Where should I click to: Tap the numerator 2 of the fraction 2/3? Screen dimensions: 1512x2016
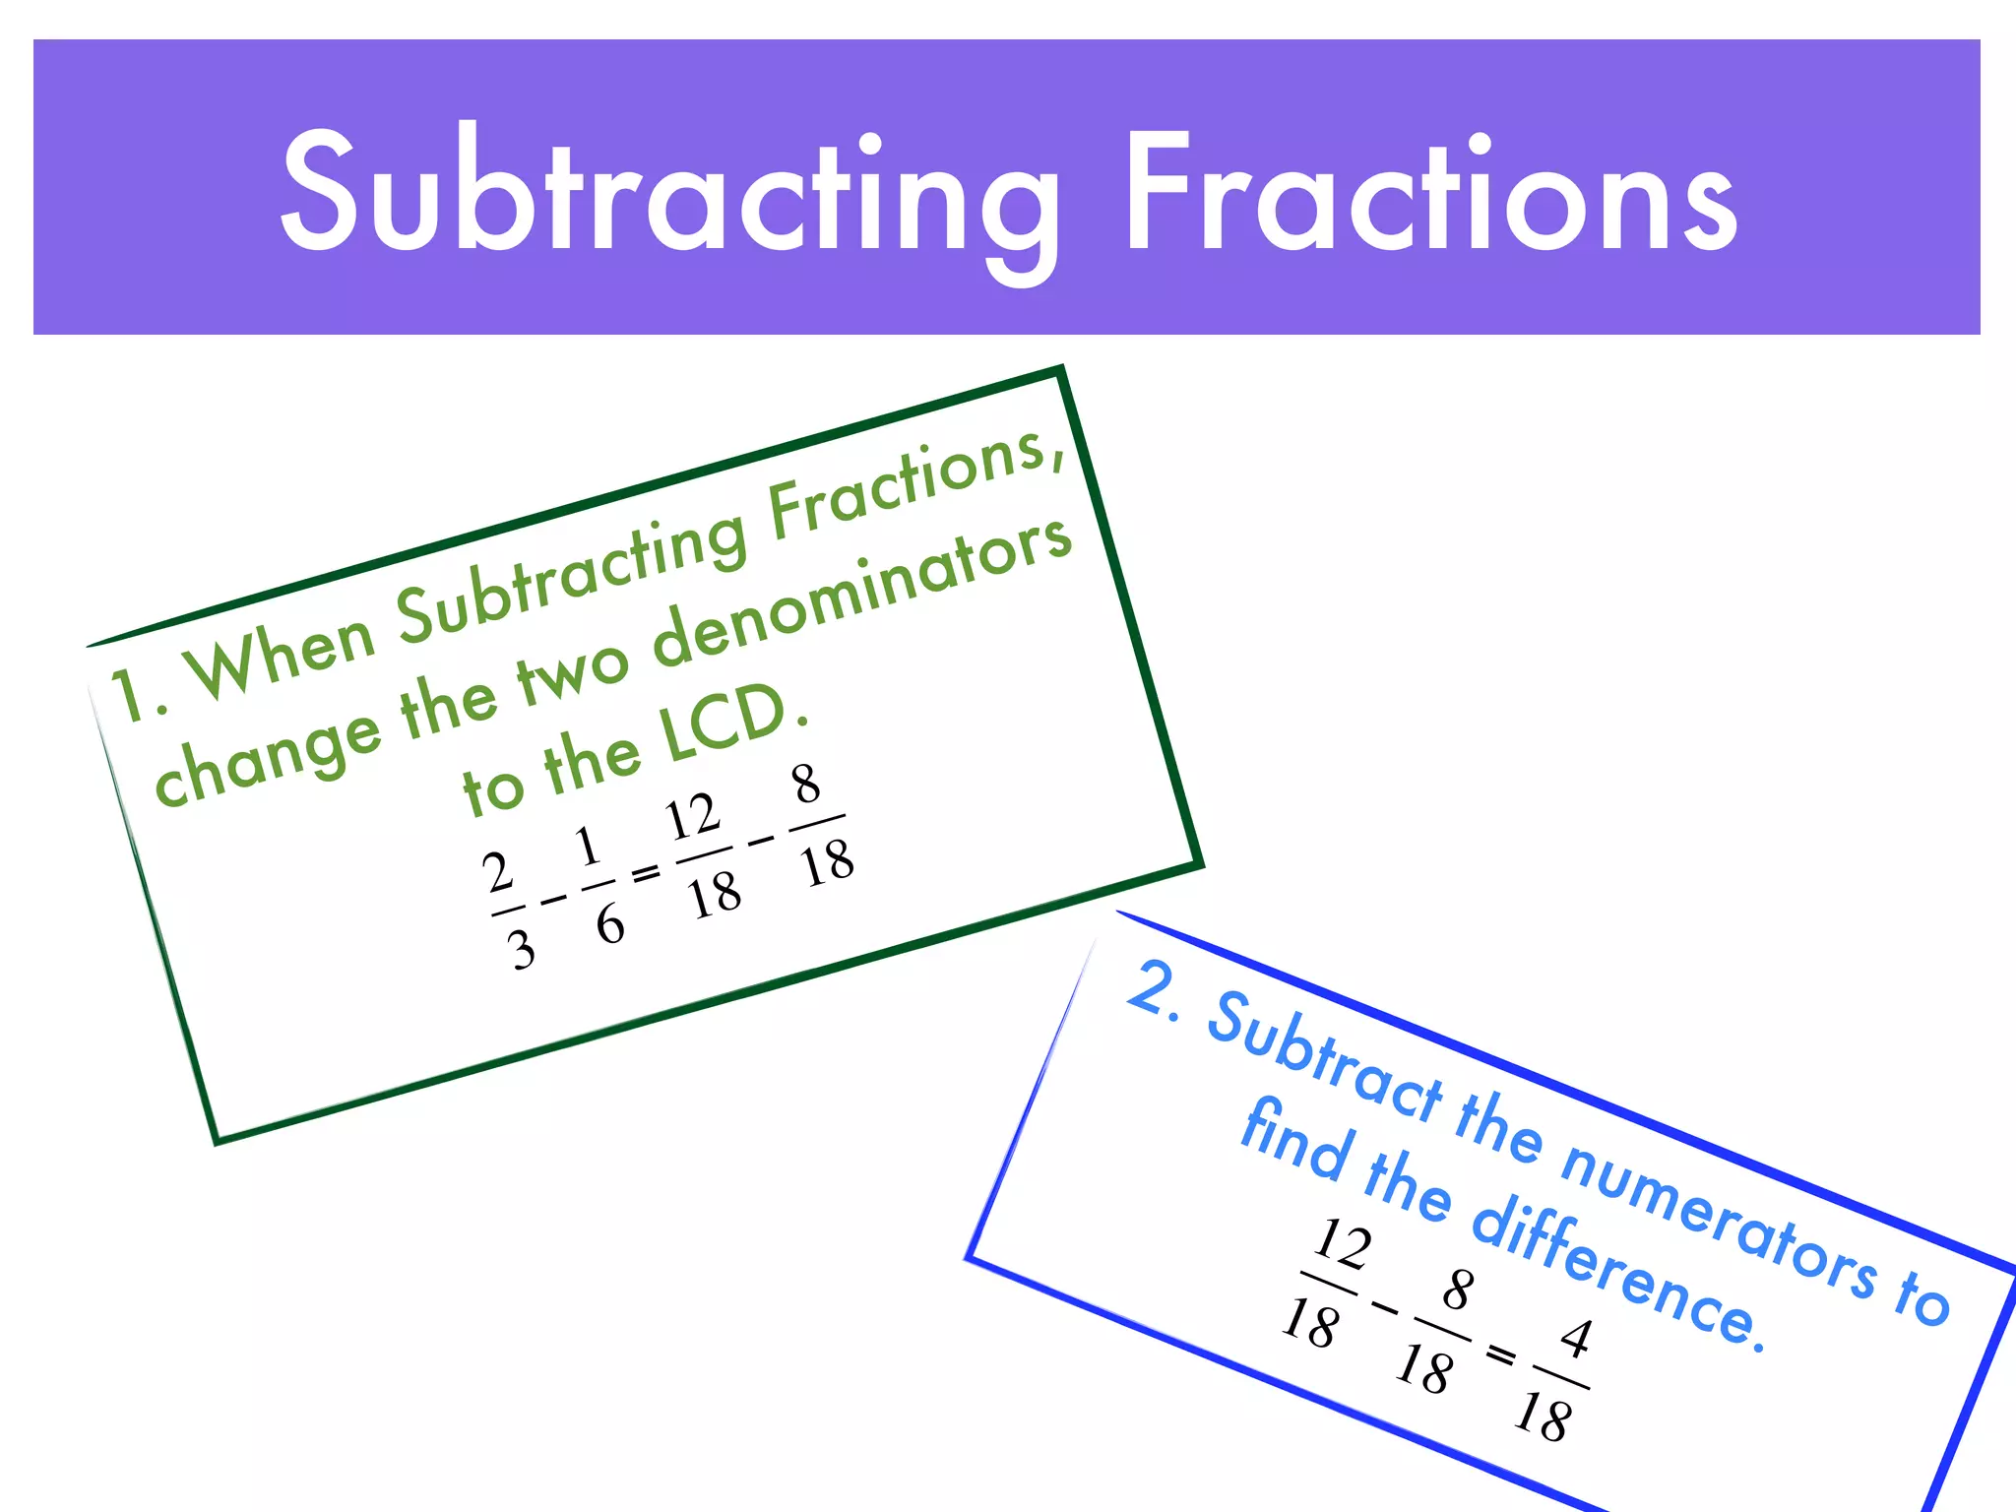point(498,871)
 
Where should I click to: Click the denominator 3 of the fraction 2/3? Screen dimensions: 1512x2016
point(521,950)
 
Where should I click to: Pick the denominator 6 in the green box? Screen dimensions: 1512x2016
point(609,924)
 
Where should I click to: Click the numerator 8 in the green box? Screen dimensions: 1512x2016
point(806,785)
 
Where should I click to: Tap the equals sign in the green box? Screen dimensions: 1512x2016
point(646,872)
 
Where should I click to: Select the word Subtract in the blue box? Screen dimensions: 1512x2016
point(1324,1059)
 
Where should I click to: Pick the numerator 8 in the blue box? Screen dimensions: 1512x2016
point(1458,1290)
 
